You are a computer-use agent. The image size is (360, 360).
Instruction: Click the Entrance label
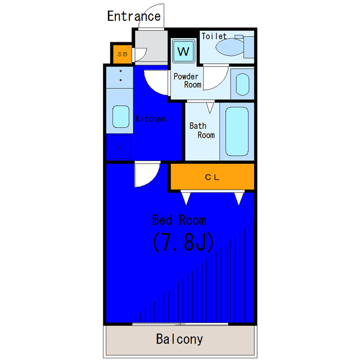tap(134, 16)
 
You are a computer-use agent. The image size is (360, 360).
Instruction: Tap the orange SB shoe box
tap(123, 54)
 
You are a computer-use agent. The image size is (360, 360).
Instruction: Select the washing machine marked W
tap(183, 51)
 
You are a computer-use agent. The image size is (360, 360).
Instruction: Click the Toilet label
tap(214, 36)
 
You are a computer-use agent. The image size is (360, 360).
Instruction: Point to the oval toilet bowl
tap(229, 47)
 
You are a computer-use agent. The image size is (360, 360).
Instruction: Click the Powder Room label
tap(187, 80)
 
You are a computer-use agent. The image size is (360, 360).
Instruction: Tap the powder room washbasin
tap(242, 84)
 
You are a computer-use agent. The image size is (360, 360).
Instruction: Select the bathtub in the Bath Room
tap(237, 132)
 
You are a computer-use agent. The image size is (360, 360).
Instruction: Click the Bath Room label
tap(202, 130)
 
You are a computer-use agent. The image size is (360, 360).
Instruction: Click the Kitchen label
tap(150, 119)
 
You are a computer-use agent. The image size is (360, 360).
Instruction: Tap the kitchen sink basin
tap(121, 116)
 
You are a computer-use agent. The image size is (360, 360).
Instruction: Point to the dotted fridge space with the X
tap(119, 147)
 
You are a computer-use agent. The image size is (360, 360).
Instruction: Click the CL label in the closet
tap(212, 177)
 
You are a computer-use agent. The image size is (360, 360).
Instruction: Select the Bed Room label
tap(179, 220)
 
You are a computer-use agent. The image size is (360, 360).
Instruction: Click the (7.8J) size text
tap(183, 242)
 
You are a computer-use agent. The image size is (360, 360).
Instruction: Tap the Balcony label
tap(179, 339)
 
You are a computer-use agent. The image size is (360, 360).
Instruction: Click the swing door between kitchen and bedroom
tap(147, 174)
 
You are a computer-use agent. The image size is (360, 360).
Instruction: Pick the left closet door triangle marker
tap(186, 199)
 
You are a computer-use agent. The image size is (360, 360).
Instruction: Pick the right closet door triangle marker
tap(238, 199)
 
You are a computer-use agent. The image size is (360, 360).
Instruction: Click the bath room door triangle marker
tap(210, 108)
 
